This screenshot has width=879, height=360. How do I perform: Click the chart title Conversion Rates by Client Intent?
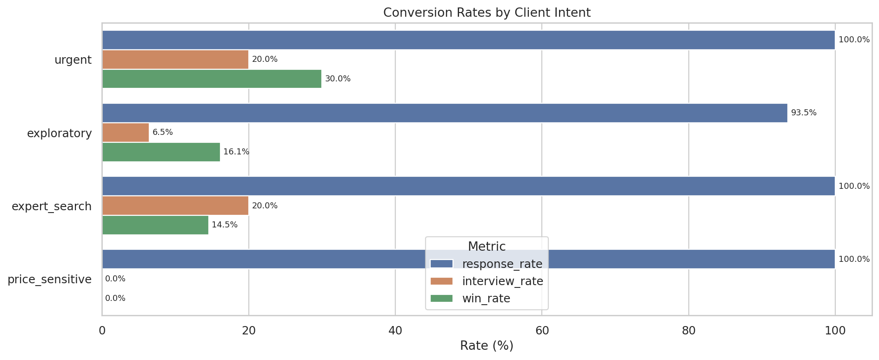point(486,13)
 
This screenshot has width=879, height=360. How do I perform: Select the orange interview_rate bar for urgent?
point(175,60)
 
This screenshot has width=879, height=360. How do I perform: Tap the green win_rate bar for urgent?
point(212,79)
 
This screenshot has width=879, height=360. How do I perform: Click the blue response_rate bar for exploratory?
point(444,113)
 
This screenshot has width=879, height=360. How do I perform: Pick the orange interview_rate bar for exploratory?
point(126,133)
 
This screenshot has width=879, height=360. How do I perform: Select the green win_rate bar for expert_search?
point(155,225)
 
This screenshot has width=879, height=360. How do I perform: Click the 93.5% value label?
point(803,113)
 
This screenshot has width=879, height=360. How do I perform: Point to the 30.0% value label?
point(338,79)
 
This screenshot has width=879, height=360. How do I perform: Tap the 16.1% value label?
point(236,152)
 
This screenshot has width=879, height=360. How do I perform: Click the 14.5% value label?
point(224,225)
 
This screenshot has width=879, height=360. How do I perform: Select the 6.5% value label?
point(162,133)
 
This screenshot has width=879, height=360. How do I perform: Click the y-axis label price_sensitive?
point(50,280)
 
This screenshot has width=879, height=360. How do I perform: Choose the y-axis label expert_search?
point(52,207)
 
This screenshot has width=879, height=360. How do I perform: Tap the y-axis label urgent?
point(73,60)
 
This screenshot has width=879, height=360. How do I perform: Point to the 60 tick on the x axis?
point(542,331)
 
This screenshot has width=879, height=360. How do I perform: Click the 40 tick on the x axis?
point(395,331)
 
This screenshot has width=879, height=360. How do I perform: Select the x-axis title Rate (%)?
point(486,346)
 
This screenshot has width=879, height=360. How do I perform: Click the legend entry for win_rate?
point(486,299)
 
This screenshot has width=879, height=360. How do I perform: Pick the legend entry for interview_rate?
point(502,281)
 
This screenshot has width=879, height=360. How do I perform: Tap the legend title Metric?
point(486,247)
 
